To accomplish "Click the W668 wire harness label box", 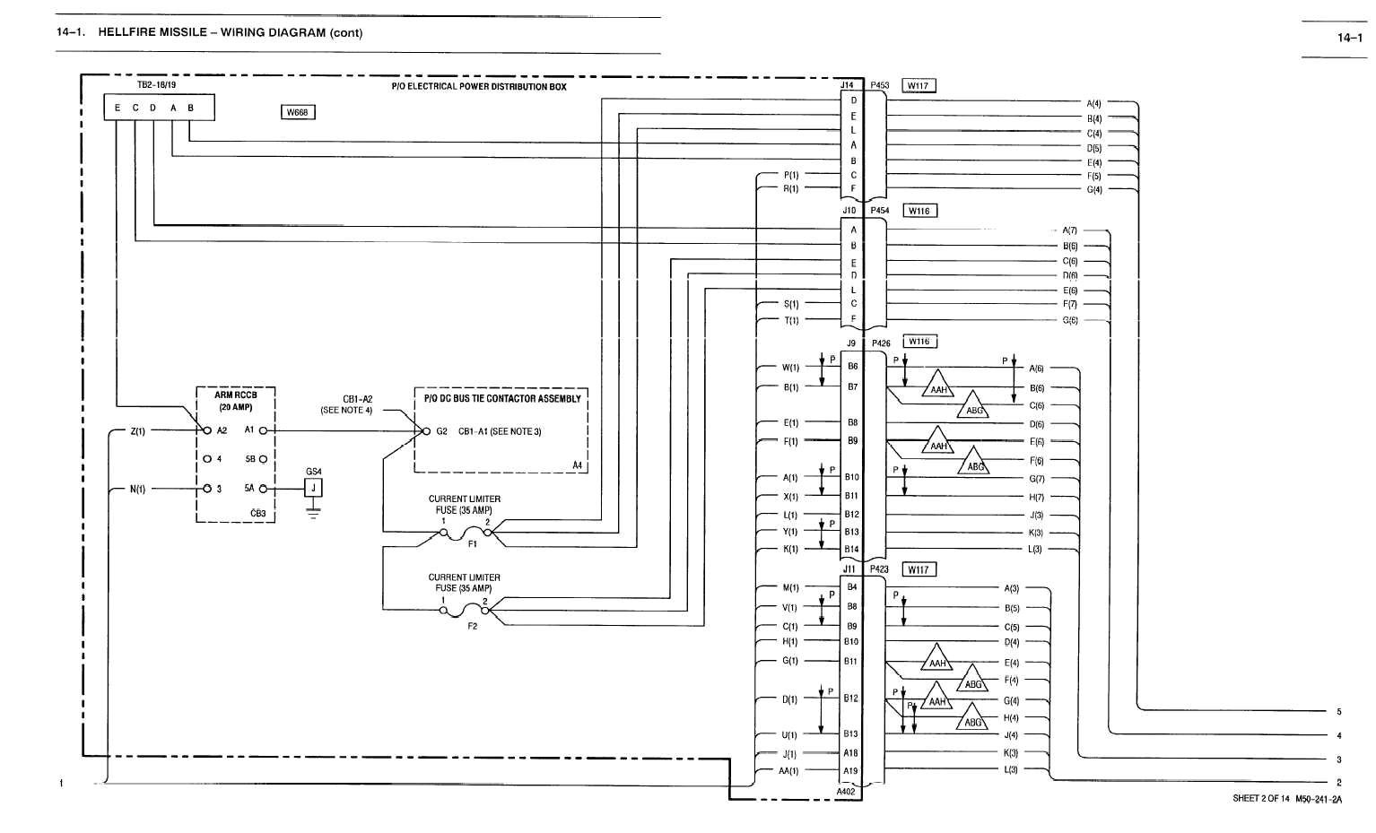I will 298,112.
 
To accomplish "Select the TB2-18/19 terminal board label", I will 156,85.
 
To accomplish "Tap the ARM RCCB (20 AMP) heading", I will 235,400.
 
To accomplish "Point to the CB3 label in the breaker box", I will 257,514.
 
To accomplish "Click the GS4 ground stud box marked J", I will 313,488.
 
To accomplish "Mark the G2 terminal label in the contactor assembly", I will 441,431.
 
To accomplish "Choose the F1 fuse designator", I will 473,544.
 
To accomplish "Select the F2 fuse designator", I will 473,626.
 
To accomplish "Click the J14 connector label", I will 847,85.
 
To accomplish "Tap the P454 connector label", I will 879,211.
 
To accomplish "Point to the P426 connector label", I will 881,343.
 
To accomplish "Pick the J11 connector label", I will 849,569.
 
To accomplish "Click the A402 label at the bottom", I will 846,792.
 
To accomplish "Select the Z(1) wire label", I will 137,431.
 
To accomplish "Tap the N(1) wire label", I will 137,490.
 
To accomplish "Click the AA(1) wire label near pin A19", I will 788,771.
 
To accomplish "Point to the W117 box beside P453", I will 918,86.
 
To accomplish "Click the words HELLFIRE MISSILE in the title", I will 152,32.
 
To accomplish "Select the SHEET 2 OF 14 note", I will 1260,799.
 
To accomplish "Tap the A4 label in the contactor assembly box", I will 577,465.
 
